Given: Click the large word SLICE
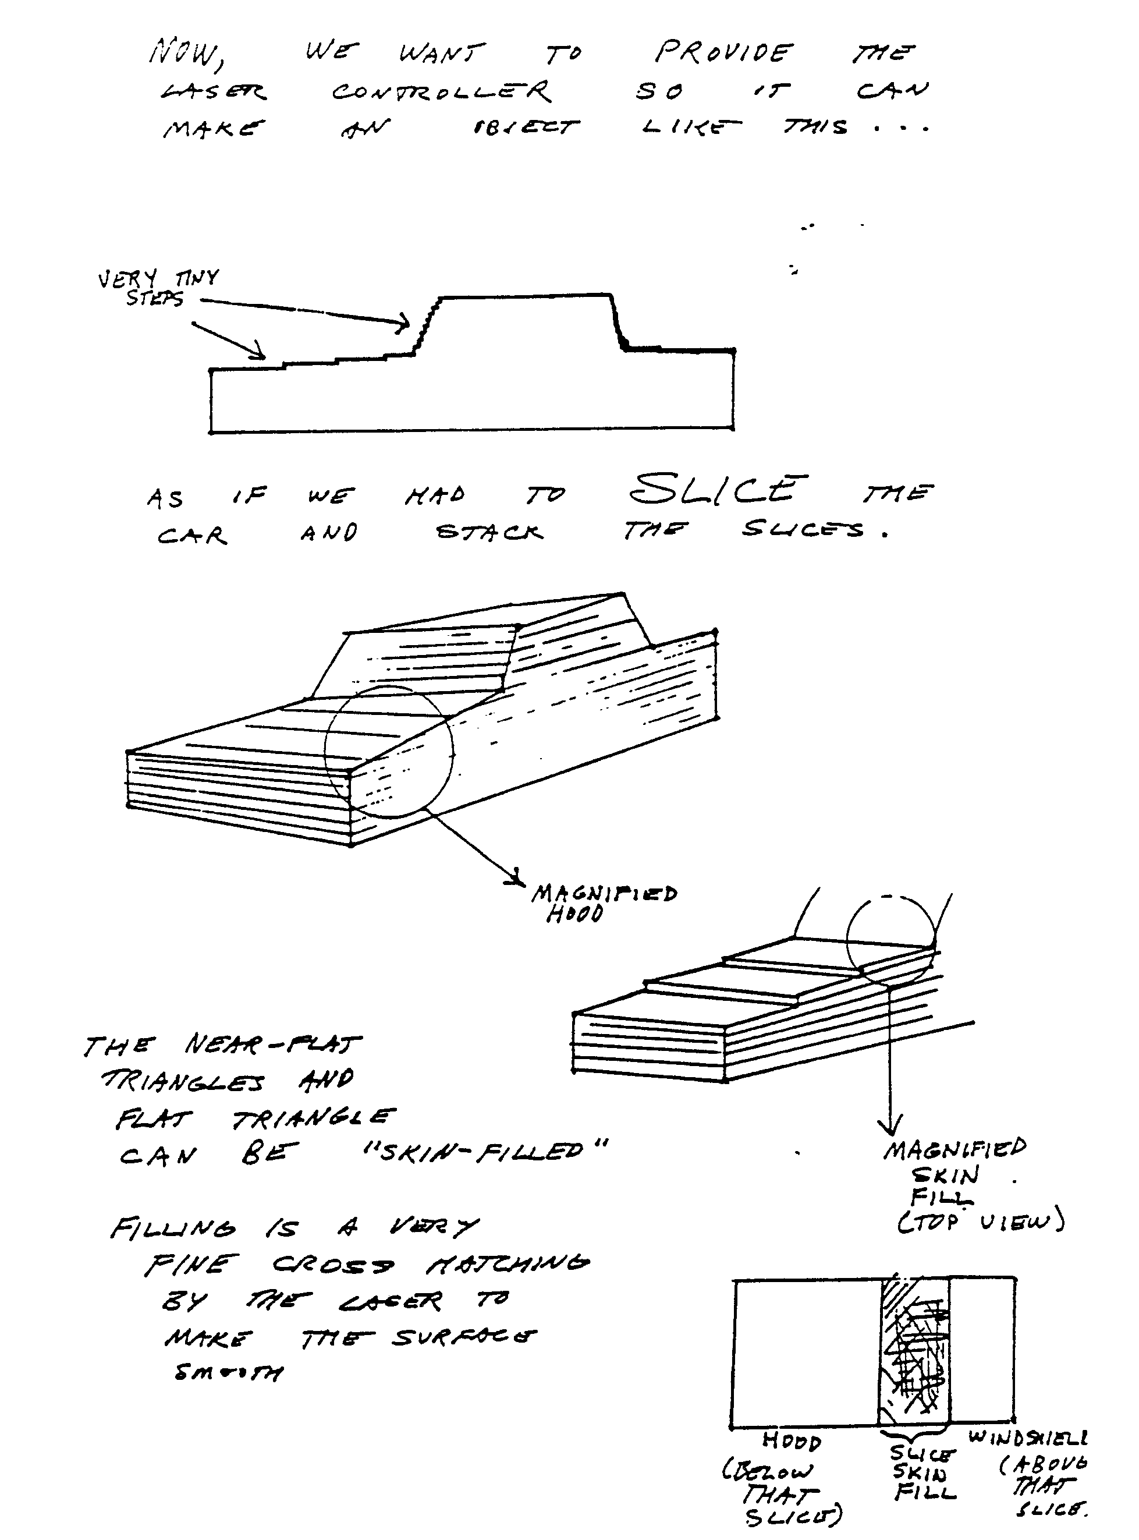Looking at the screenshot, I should (717, 490).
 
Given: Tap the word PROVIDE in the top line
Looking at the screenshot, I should (723, 52).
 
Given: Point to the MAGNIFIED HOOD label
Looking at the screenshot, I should (604, 904).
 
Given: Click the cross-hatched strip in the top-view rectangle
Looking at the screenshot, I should (914, 1352).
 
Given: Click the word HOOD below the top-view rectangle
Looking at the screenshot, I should (791, 1442).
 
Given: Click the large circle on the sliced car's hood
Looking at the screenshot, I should (389, 752).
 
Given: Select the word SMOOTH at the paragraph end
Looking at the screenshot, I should (228, 1372).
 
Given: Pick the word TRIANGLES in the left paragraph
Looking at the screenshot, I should (182, 1081).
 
